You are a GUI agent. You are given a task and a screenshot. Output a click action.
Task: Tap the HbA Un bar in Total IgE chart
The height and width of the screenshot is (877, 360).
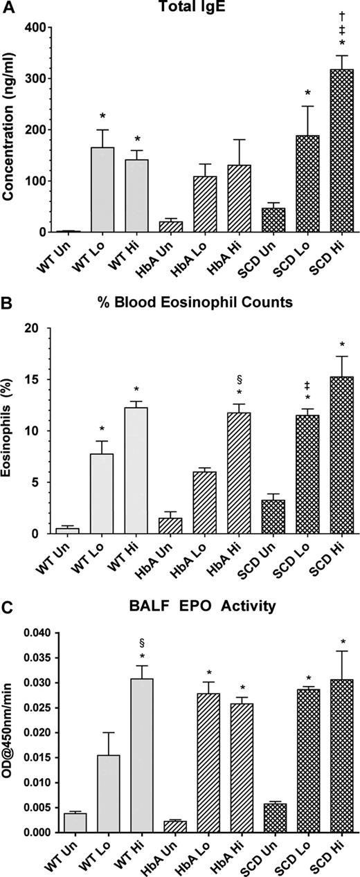(x=170, y=226)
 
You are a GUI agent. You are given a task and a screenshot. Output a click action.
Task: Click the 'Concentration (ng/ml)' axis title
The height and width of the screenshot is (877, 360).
(x=10, y=130)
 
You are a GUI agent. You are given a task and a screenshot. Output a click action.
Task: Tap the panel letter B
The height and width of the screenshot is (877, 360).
(x=8, y=302)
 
